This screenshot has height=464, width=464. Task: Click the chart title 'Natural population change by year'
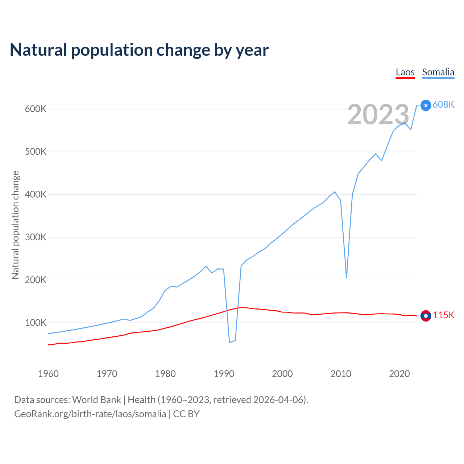(x=139, y=50)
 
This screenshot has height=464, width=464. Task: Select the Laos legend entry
(x=405, y=72)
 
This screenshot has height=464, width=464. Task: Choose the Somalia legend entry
(x=438, y=72)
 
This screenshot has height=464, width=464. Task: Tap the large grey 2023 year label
(x=378, y=115)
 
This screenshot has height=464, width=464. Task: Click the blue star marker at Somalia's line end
(x=426, y=105)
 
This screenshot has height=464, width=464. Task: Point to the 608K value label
(x=443, y=104)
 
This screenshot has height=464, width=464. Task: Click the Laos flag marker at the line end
(x=426, y=316)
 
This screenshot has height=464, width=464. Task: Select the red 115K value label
(x=443, y=315)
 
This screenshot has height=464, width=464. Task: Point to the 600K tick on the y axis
(x=36, y=109)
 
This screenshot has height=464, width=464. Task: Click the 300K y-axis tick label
(x=36, y=237)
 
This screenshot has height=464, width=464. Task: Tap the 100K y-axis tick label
(x=36, y=323)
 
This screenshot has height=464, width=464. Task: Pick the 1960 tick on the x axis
(x=48, y=374)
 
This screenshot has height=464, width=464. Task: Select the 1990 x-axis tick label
(x=224, y=374)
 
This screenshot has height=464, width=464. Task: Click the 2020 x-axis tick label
(x=399, y=374)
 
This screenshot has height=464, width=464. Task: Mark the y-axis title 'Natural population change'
(x=16, y=225)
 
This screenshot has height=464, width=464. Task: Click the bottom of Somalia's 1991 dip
(x=229, y=342)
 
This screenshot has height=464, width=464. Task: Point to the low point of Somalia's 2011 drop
(x=347, y=278)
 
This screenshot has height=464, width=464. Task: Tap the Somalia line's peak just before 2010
(x=335, y=192)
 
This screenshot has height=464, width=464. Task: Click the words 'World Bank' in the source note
(x=96, y=400)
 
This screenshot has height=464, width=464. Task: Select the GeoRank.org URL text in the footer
(x=90, y=414)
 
